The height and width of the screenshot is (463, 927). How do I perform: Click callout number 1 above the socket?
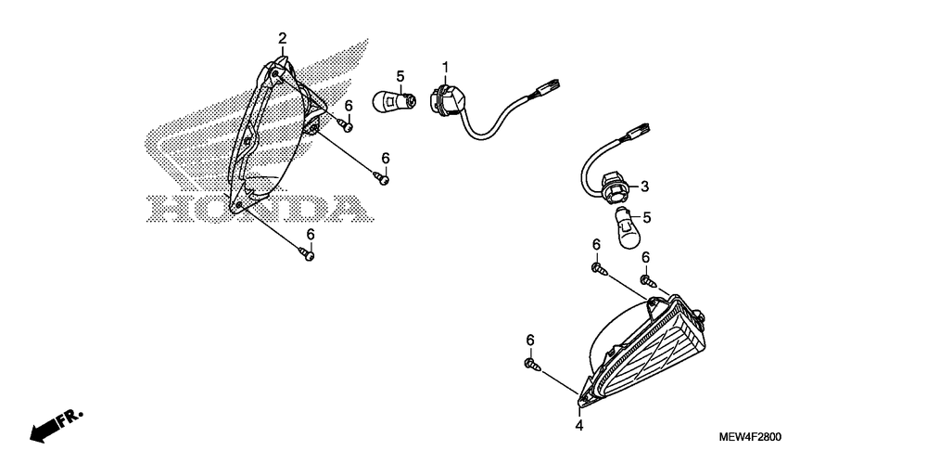(x=445, y=67)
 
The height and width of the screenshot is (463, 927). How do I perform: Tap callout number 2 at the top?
(x=283, y=38)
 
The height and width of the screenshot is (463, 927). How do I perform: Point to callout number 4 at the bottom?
(x=578, y=426)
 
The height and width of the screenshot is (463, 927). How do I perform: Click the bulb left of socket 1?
(x=390, y=99)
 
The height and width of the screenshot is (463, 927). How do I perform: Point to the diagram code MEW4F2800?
(x=752, y=436)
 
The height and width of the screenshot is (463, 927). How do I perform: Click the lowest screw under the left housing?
(x=309, y=254)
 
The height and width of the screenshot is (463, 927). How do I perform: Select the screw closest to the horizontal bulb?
(x=345, y=123)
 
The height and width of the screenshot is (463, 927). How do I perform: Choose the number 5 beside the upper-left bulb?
(x=400, y=75)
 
